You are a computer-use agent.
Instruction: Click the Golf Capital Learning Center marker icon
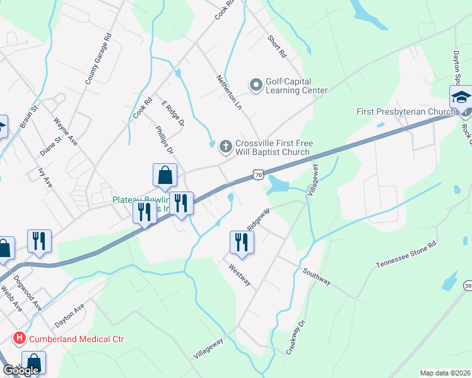(x=256, y=84)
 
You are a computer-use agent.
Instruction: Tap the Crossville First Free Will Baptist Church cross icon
(x=225, y=147)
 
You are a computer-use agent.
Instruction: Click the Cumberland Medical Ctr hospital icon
(x=20, y=339)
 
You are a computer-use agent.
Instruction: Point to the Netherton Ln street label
(x=229, y=94)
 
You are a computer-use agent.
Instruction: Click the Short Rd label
(x=276, y=47)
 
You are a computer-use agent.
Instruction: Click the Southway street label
(x=316, y=277)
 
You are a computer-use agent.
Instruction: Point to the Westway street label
(x=239, y=274)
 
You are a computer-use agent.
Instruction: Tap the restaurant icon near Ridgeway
(x=242, y=241)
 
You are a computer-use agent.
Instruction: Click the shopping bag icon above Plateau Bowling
(x=165, y=175)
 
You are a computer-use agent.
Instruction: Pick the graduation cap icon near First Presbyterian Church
(x=461, y=98)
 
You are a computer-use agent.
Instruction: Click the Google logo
(x=21, y=370)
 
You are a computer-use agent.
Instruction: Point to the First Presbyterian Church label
(x=406, y=112)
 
